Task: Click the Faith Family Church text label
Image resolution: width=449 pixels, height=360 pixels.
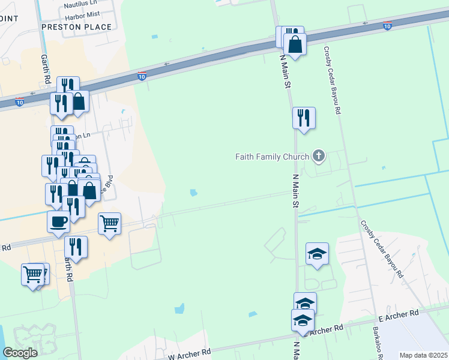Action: point(272,157)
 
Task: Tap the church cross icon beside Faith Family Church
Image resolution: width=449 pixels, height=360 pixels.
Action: point(319,157)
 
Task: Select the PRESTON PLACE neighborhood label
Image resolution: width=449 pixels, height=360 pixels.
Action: point(76,27)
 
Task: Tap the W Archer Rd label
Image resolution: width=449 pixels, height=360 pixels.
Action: point(190,354)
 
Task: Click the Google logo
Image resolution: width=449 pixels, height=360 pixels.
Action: point(20,352)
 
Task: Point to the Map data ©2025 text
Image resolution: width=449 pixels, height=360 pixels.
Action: point(423,355)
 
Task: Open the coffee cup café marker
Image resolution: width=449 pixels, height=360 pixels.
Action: point(58,221)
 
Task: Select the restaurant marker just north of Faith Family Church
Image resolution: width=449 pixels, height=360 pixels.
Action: point(304,117)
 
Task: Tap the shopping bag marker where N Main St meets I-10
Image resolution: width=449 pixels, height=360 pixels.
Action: point(295,44)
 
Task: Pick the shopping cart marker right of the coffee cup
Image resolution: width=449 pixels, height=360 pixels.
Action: point(109,224)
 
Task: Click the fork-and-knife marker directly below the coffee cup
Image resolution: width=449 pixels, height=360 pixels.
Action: point(76,247)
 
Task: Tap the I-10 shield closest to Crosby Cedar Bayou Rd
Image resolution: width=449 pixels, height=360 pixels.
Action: point(388,26)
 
